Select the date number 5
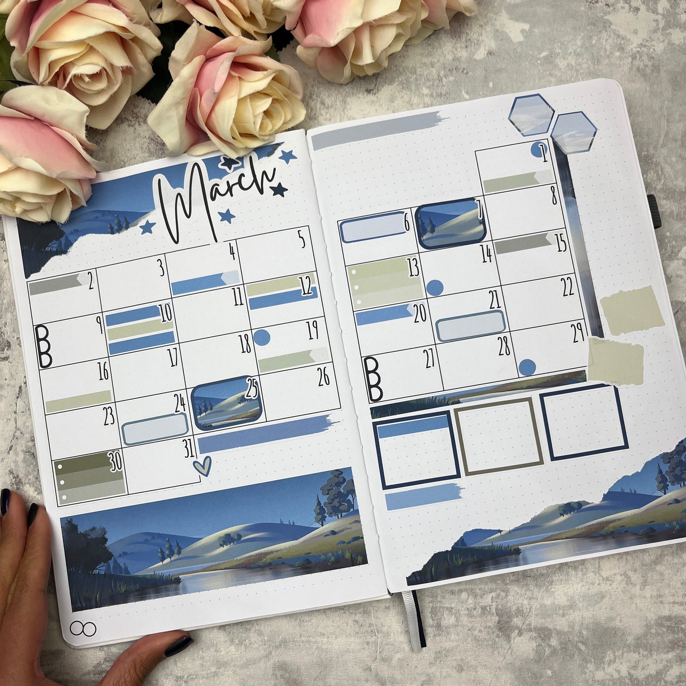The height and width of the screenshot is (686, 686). point(302,240)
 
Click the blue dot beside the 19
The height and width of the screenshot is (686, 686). point(262,338)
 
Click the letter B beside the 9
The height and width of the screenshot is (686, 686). point(44,347)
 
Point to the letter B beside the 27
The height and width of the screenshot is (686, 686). point(374,379)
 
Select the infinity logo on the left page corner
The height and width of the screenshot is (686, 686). point(83,629)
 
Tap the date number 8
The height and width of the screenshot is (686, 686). point(554,196)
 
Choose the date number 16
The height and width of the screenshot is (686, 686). point(103,372)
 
